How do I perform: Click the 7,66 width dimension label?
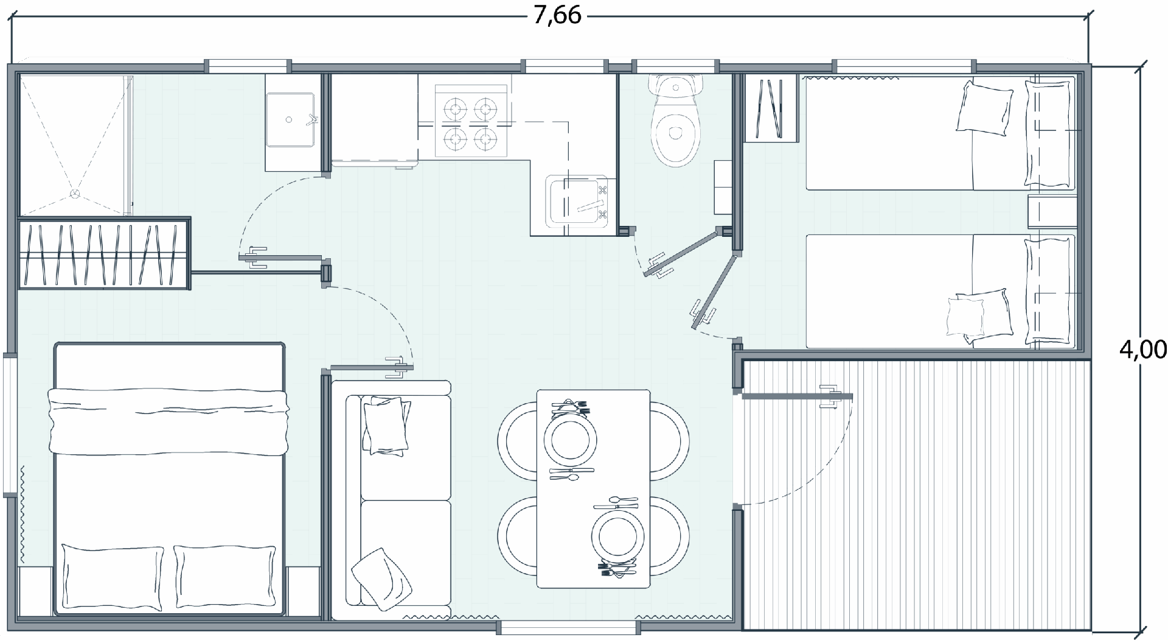557,15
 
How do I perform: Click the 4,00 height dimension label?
1143,350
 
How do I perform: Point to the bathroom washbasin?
291,119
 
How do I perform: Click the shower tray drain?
75,193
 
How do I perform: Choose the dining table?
593,488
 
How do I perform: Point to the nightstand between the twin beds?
1052,212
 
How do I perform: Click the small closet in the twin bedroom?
771,108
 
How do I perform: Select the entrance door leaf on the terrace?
798,396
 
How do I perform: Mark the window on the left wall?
9,424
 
